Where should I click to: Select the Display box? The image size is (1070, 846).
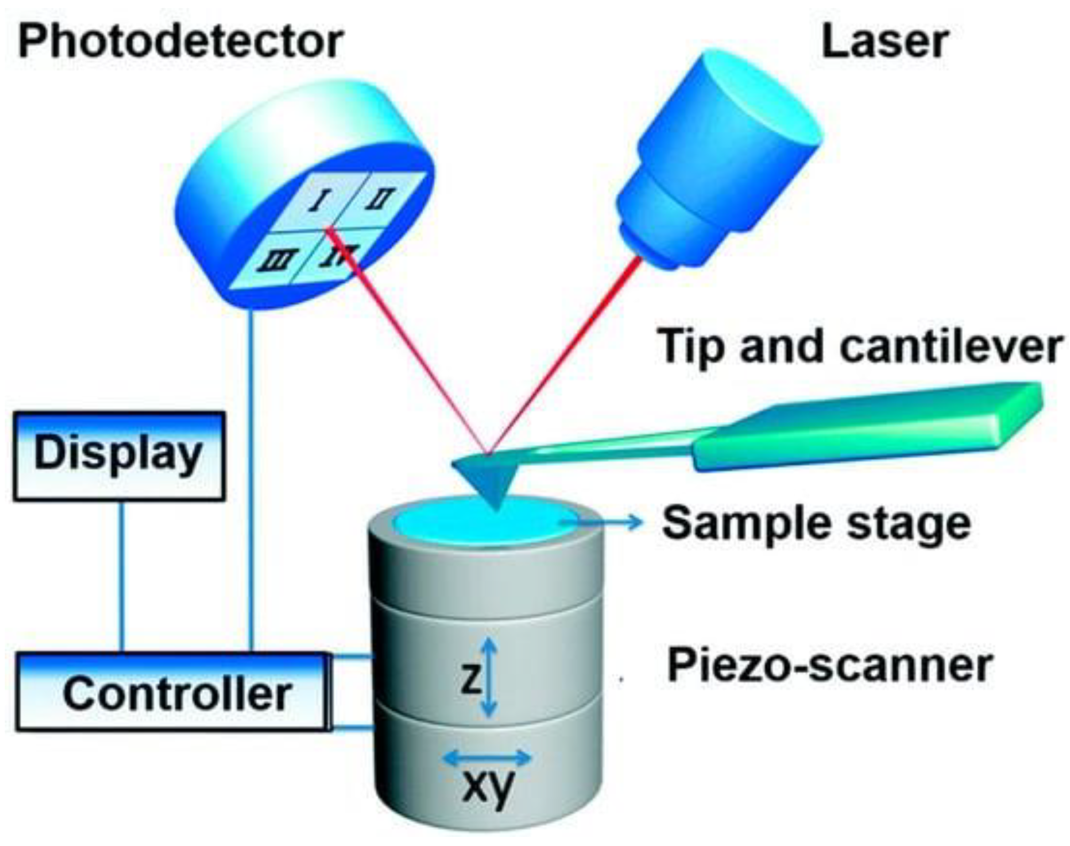tap(119, 456)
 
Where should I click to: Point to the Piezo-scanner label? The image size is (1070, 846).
tap(830, 665)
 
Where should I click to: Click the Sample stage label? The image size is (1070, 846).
tap(816, 523)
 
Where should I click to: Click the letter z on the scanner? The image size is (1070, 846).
tap(470, 679)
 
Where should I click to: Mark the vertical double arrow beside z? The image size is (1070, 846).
tap(489, 677)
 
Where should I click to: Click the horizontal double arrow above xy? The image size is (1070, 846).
tap(487, 757)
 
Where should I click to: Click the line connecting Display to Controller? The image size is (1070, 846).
tap(122, 576)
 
